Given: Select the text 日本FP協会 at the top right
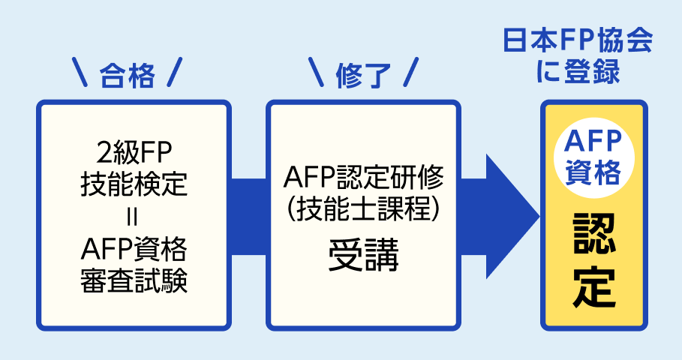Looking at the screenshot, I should (x=577, y=41).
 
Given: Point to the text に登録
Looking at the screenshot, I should (x=577, y=73).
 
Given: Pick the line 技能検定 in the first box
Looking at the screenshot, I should (x=134, y=183).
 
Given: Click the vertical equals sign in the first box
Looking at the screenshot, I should (x=134, y=216).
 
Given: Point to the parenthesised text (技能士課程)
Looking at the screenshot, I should (x=363, y=211).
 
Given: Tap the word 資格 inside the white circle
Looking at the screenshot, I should (x=593, y=172).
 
